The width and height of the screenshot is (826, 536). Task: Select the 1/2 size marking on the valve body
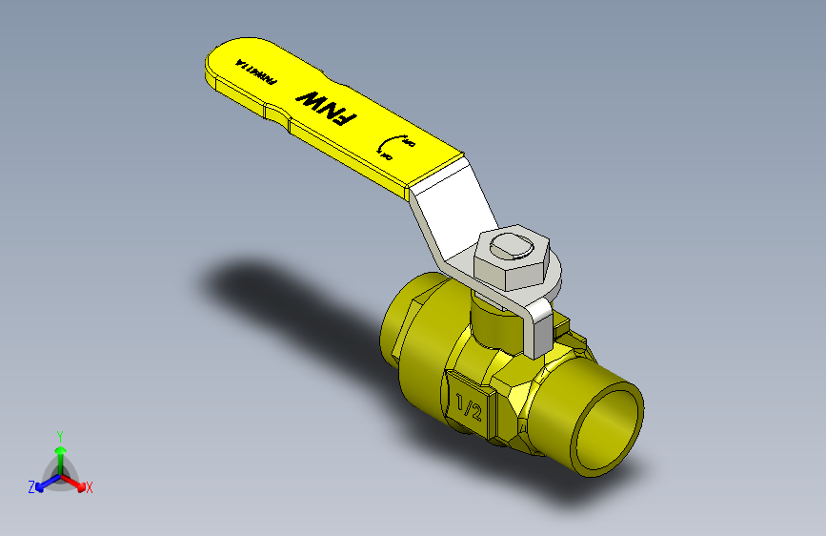469,407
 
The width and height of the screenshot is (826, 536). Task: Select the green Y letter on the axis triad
59,433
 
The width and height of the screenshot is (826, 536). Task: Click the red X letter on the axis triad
90,487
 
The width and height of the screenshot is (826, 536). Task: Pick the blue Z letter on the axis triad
31,486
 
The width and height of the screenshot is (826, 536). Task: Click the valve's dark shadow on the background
276,286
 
